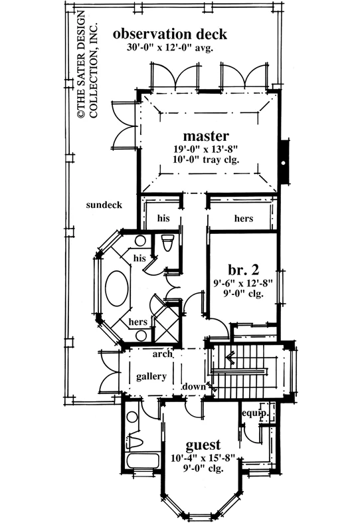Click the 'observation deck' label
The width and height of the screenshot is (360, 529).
coord(170,34)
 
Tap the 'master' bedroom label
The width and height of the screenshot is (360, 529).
coord(206,136)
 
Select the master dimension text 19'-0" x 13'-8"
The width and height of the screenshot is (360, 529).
coord(206,149)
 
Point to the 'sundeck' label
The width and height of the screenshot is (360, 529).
coord(104,205)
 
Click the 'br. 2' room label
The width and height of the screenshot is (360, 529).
coord(243,270)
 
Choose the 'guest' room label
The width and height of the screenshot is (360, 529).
coord(203,445)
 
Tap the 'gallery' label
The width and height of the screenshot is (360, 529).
coord(151,376)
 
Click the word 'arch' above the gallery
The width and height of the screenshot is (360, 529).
coord(162,354)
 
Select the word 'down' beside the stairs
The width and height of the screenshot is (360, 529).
coord(194,387)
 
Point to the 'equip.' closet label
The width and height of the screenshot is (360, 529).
coord(255,413)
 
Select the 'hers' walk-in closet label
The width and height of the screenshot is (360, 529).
coord(243,218)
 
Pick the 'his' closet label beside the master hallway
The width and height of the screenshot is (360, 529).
coord(163,218)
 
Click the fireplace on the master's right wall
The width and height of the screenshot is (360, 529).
coord(284,162)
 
